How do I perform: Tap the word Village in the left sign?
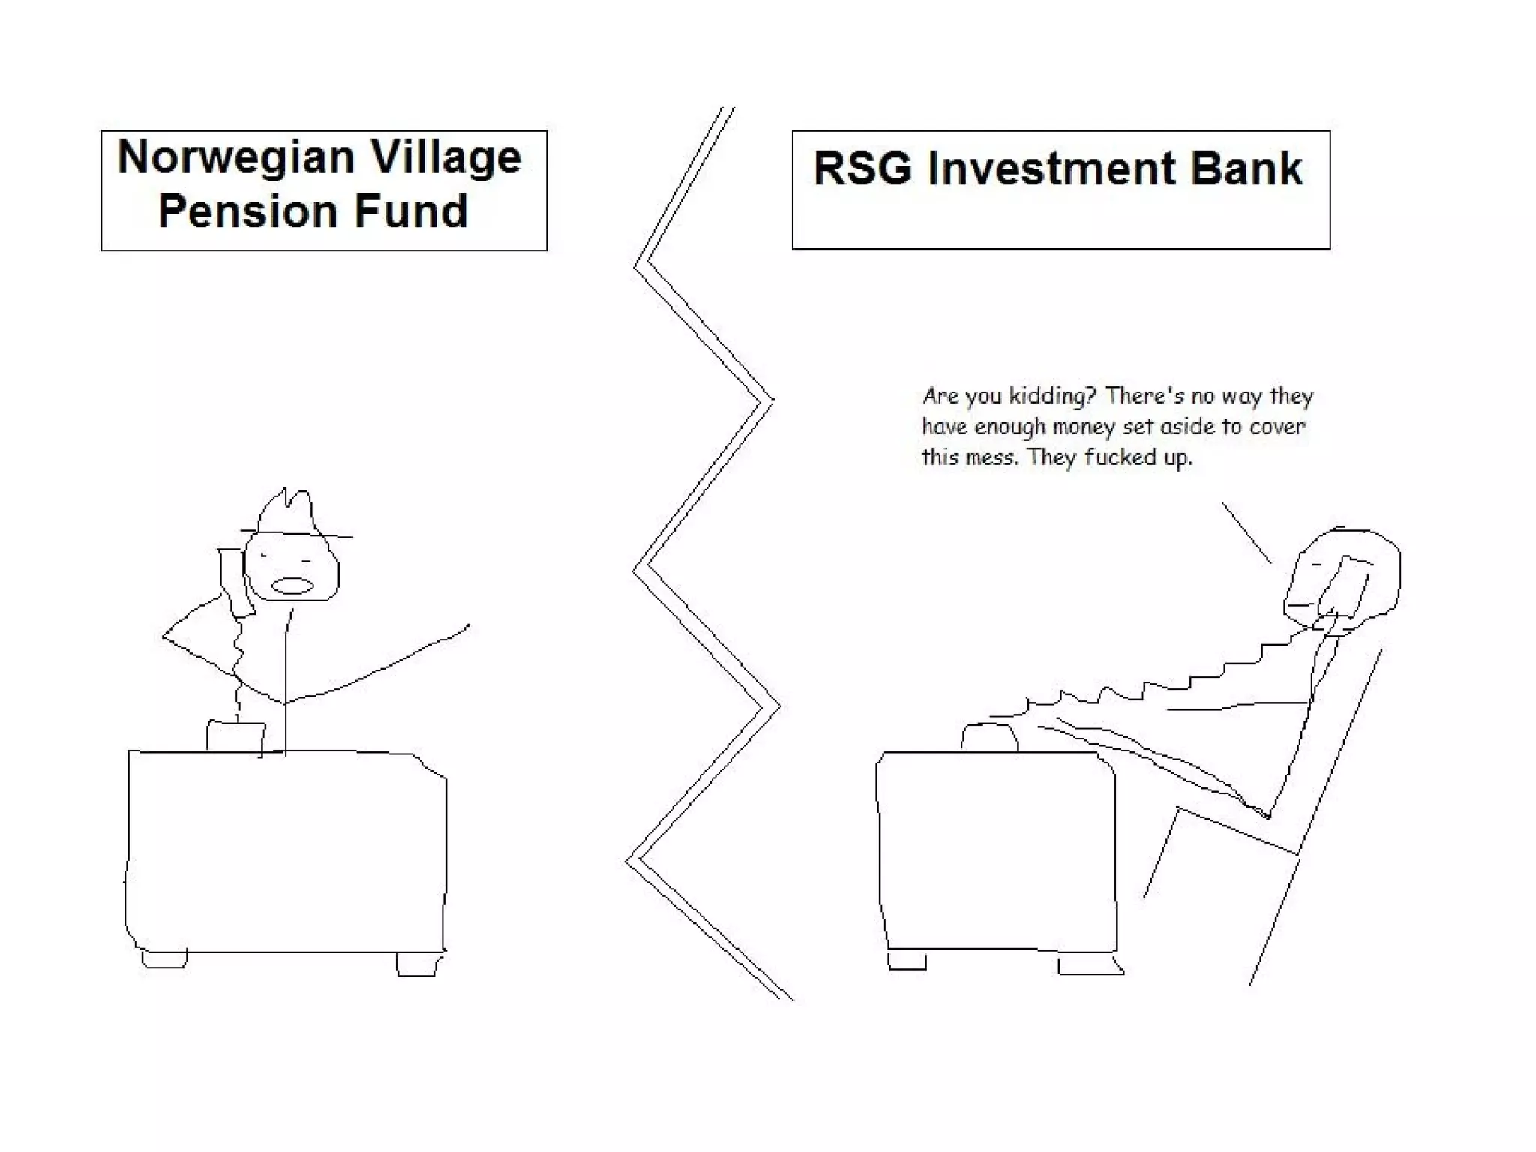[x=445, y=157]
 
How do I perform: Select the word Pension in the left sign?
[x=247, y=211]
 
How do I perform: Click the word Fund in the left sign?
[x=410, y=211]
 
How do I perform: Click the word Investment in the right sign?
[x=1050, y=168]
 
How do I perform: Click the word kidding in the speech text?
[x=1047, y=396]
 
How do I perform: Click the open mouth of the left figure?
[x=292, y=586]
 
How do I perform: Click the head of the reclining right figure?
[x=1350, y=574]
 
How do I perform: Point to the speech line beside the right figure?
[x=1246, y=532]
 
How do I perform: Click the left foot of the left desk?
[x=163, y=959]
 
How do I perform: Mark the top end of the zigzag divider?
[x=727, y=109]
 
